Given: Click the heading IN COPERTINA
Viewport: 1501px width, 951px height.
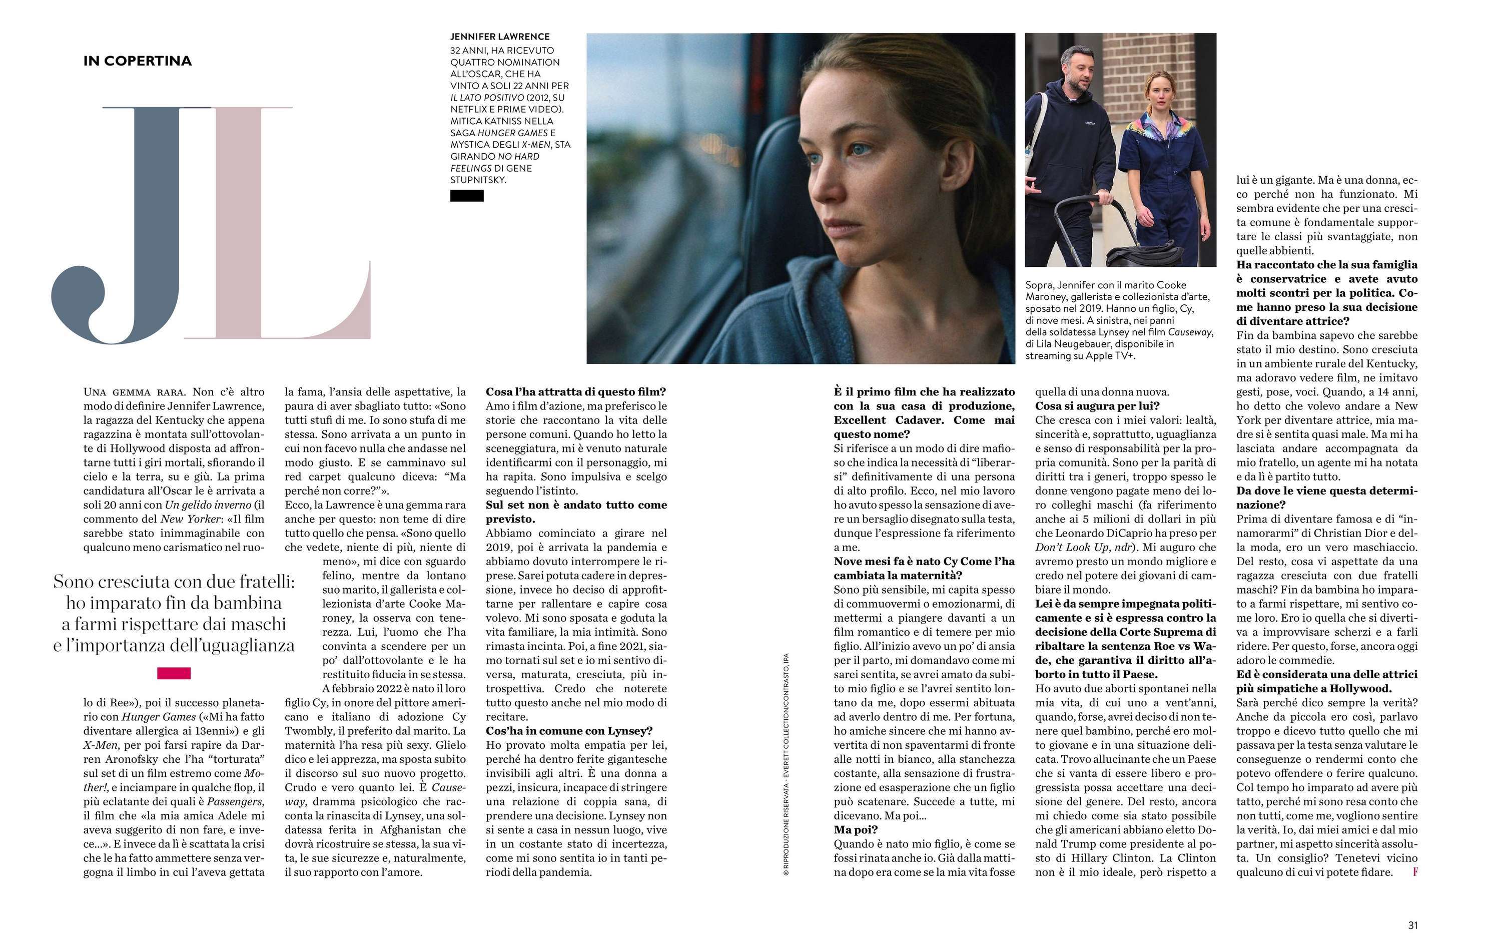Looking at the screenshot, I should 137,61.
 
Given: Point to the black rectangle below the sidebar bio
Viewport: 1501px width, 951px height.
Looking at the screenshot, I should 467,196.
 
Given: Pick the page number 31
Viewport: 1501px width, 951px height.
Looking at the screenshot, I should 1413,925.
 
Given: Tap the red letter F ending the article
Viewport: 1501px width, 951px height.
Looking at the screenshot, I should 1415,872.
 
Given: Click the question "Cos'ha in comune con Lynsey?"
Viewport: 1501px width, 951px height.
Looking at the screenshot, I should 569,731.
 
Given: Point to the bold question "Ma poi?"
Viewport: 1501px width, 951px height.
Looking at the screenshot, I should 856,829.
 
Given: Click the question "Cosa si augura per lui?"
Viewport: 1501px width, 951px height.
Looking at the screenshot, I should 1097,406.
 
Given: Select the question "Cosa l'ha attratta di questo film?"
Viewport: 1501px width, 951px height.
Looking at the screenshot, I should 576,392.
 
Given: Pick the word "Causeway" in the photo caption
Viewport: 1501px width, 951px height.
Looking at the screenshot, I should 1191,332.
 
